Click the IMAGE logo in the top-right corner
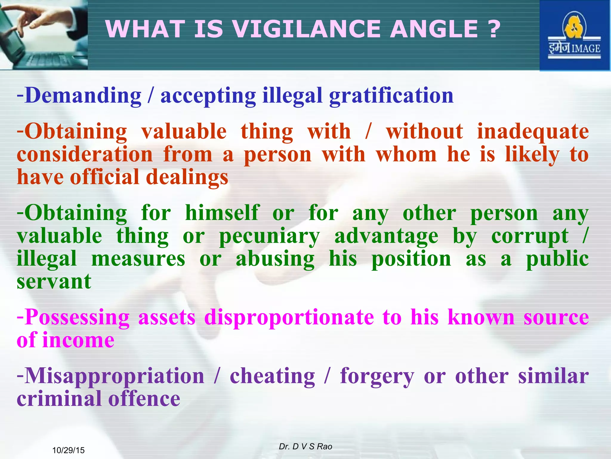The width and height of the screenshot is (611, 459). point(574,36)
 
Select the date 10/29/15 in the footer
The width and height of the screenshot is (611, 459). point(68,450)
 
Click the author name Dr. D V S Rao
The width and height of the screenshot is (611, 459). point(305,446)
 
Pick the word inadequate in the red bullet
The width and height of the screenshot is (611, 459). point(533,131)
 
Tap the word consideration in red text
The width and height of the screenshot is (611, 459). point(85,154)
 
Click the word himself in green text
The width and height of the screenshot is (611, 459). point(222,213)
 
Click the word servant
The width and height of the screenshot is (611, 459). point(54,281)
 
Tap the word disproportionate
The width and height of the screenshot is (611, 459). point(289,317)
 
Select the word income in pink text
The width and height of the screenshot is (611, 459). point(78,340)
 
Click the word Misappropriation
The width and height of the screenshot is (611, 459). point(115,376)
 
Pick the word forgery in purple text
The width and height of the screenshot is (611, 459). point(377,376)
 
